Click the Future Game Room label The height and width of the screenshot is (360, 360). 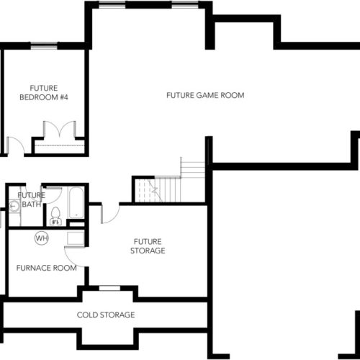click(205, 95)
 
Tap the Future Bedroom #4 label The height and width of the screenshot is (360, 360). click(44, 93)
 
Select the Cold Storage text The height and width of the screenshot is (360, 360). click(106, 315)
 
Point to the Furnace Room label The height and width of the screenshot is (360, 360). click(47, 268)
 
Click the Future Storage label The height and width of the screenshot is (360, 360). click(148, 246)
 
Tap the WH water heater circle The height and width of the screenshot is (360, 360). click(42, 238)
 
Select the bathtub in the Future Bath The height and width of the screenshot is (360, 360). click(76, 203)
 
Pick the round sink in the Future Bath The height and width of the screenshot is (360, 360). click(14, 206)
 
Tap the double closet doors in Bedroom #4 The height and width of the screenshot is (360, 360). click(60, 129)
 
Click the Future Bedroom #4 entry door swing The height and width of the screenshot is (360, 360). click(15, 145)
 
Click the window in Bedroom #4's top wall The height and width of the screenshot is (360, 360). click(44, 45)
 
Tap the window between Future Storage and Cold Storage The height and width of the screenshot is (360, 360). click(110, 288)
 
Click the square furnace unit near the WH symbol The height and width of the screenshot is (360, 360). click(76, 238)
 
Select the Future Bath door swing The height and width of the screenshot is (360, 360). click(52, 195)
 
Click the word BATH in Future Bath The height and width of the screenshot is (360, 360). click(32, 204)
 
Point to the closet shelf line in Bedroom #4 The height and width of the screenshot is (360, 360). click(60, 145)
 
